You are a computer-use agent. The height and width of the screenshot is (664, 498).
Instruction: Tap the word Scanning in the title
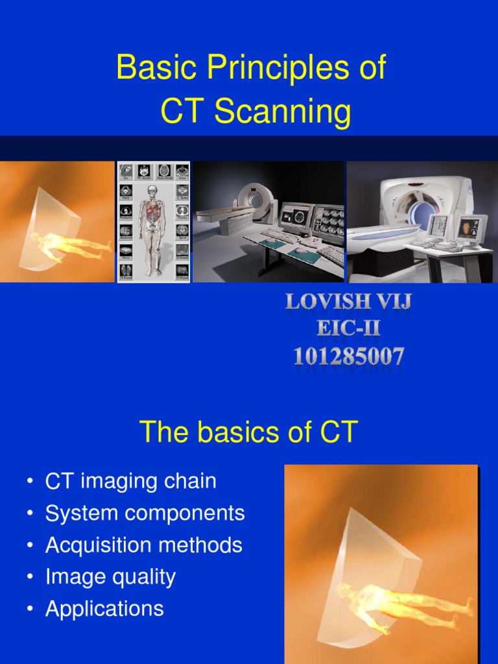283,112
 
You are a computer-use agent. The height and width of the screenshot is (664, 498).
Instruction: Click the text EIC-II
348,329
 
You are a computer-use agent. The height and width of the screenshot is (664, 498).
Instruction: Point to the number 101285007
348,356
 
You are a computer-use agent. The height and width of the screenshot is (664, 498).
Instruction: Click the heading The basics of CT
248,433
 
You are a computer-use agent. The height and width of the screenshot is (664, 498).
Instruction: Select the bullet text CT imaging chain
130,481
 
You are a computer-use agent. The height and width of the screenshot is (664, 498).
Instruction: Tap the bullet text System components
145,513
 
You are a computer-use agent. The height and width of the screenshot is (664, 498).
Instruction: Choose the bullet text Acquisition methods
143,545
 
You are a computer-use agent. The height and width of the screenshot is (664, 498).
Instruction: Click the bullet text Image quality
110,576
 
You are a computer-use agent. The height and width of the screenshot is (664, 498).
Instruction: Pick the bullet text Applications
104,608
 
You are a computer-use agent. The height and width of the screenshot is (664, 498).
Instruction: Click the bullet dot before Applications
30,609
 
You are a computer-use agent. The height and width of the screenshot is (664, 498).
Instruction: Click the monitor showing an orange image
469,228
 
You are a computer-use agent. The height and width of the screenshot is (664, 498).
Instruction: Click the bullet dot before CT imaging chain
30,482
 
